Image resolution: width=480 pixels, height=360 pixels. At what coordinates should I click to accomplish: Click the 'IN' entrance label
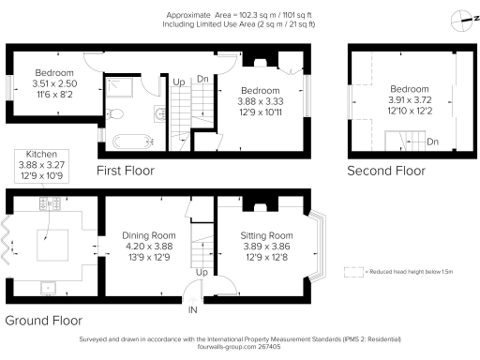(193, 310)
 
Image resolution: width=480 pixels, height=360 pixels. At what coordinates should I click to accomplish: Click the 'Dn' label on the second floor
(432, 142)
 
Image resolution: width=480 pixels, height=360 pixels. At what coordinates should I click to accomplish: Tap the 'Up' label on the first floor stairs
(178, 82)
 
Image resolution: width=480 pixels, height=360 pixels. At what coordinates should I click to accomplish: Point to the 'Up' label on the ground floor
(201, 272)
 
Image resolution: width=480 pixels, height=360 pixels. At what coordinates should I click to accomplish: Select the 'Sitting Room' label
(268, 235)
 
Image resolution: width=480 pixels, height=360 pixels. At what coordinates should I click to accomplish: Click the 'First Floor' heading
(125, 171)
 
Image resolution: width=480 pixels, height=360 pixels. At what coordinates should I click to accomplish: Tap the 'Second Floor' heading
(385, 171)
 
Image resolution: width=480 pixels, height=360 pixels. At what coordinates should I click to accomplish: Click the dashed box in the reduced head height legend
(352, 271)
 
